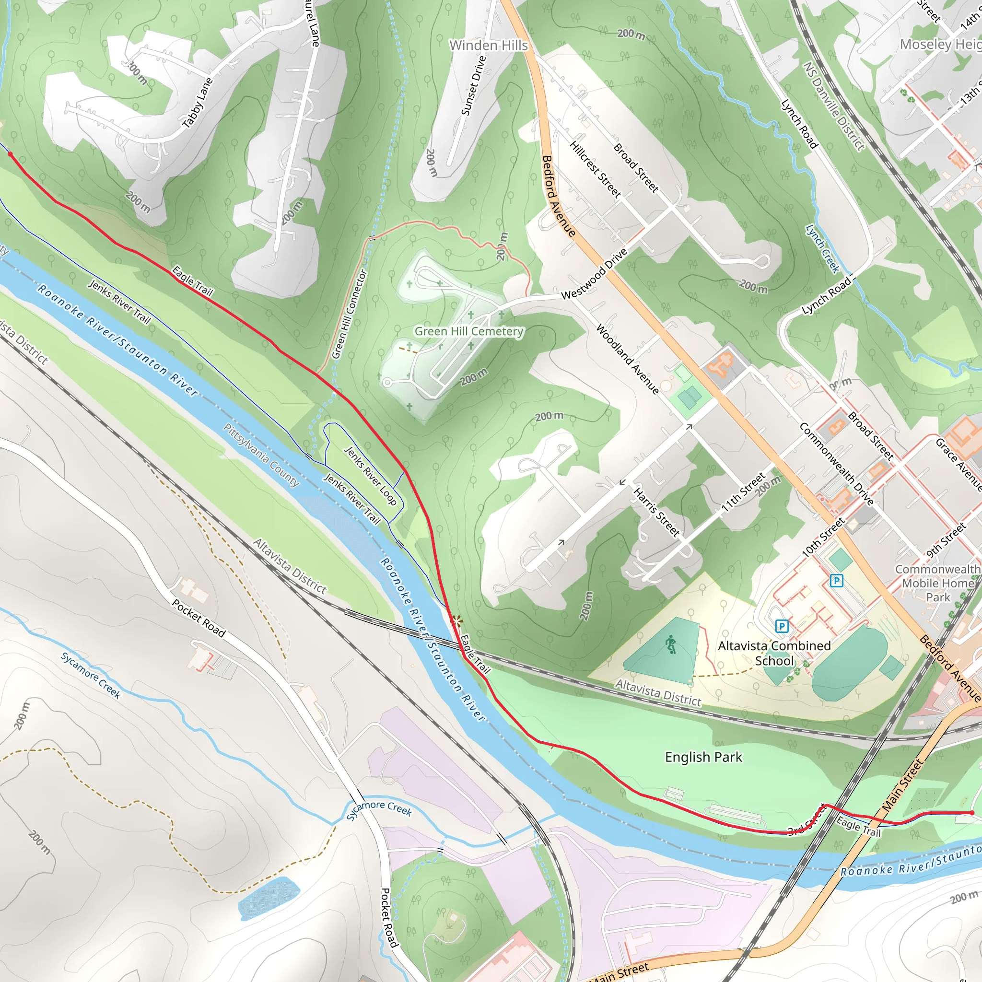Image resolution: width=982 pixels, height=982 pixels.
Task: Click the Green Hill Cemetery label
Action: [x=468, y=331]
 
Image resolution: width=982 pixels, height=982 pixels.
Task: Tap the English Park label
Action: [x=703, y=757]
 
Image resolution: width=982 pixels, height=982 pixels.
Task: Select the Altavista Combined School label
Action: [x=774, y=653]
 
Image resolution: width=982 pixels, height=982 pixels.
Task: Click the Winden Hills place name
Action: [x=489, y=45]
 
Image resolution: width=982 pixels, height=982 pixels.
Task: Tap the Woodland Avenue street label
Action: [x=627, y=359]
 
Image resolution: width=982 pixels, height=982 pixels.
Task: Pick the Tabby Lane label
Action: [x=197, y=103]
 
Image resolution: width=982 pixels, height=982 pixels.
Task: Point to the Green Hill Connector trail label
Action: [x=349, y=315]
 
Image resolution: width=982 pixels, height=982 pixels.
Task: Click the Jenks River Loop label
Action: [x=371, y=476]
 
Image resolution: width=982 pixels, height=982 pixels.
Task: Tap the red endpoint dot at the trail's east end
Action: [x=972, y=813]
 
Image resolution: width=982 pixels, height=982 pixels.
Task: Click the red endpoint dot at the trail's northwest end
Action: [x=10, y=154]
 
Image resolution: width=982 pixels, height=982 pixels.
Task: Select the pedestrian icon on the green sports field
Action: [x=671, y=644]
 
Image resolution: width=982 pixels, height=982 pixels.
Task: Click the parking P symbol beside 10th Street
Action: [x=836, y=581]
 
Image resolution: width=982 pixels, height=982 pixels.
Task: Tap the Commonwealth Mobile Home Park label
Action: [x=937, y=583]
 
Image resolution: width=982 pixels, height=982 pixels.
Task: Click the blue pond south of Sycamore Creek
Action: [x=268, y=898]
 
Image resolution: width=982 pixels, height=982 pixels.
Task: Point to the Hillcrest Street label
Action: [x=595, y=169]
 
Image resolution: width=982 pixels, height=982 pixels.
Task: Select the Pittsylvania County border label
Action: [x=261, y=456]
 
